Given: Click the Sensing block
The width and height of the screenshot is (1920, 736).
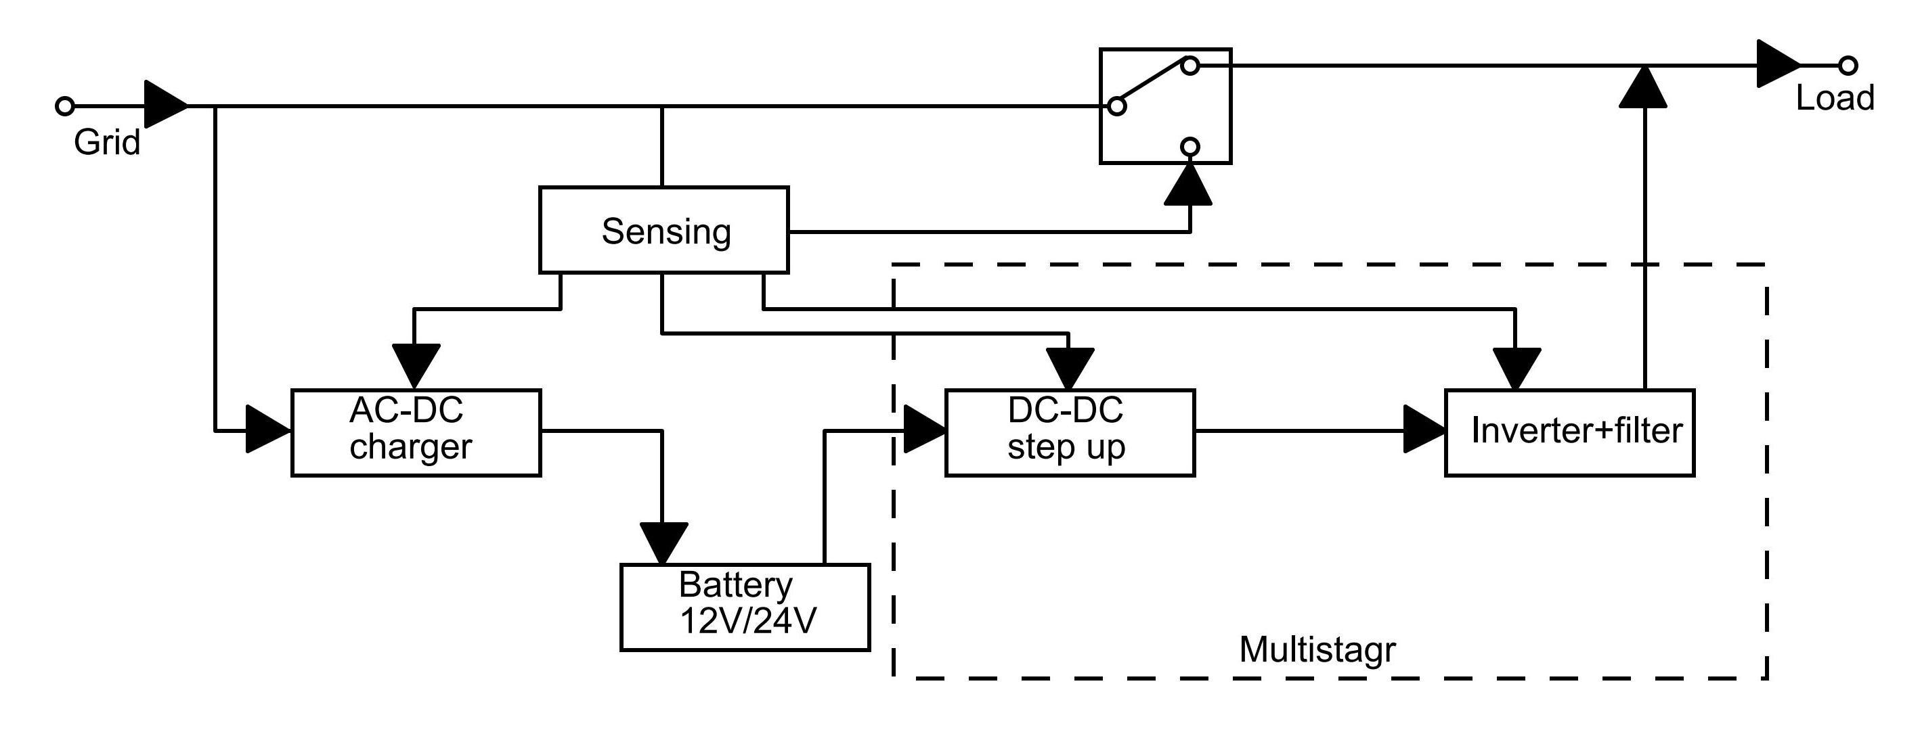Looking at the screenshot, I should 663,230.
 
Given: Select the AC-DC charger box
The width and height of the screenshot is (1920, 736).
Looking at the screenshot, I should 416,432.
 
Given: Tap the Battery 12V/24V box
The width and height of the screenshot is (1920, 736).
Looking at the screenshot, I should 745,607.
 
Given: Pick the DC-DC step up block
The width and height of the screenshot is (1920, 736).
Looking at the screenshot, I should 1070,432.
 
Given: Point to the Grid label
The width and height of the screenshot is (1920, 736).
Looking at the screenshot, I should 106,142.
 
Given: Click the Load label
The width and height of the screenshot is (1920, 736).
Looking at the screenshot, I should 1834,98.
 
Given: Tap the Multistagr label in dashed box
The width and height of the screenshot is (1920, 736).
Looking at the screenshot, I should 1317,649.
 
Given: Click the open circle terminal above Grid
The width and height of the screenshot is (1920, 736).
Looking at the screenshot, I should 65,106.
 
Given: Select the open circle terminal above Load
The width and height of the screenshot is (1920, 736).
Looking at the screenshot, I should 1848,66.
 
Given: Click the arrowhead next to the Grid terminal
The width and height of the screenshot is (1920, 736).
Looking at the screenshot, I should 165,106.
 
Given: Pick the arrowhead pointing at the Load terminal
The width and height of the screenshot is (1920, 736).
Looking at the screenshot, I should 1778,65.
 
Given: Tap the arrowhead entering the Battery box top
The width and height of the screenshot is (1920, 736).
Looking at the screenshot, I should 663,543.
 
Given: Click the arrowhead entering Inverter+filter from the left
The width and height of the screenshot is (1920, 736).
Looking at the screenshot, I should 1424,430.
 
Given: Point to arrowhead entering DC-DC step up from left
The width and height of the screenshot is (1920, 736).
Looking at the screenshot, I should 923,430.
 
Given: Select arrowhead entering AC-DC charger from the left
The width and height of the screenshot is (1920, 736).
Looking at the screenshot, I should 267,430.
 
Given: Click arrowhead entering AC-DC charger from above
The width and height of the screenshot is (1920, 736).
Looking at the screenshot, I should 416,365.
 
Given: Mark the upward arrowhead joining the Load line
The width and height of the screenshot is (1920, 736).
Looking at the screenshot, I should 1642,87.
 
